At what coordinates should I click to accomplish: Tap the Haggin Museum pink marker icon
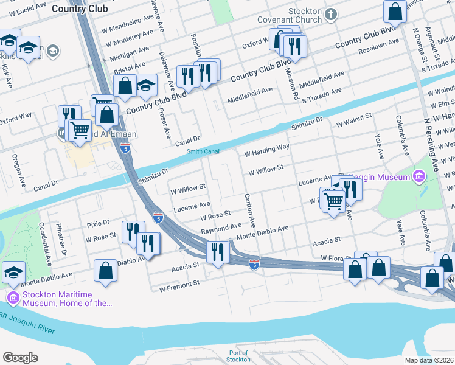(418, 177)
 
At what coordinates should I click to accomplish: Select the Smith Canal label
(203, 151)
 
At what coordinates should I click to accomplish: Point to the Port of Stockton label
(238, 356)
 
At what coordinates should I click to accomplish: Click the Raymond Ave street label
(221, 226)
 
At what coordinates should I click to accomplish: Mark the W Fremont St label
(179, 284)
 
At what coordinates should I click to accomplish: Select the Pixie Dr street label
(97, 223)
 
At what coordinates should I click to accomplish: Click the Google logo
(20, 358)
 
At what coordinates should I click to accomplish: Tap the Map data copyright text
(429, 360)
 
